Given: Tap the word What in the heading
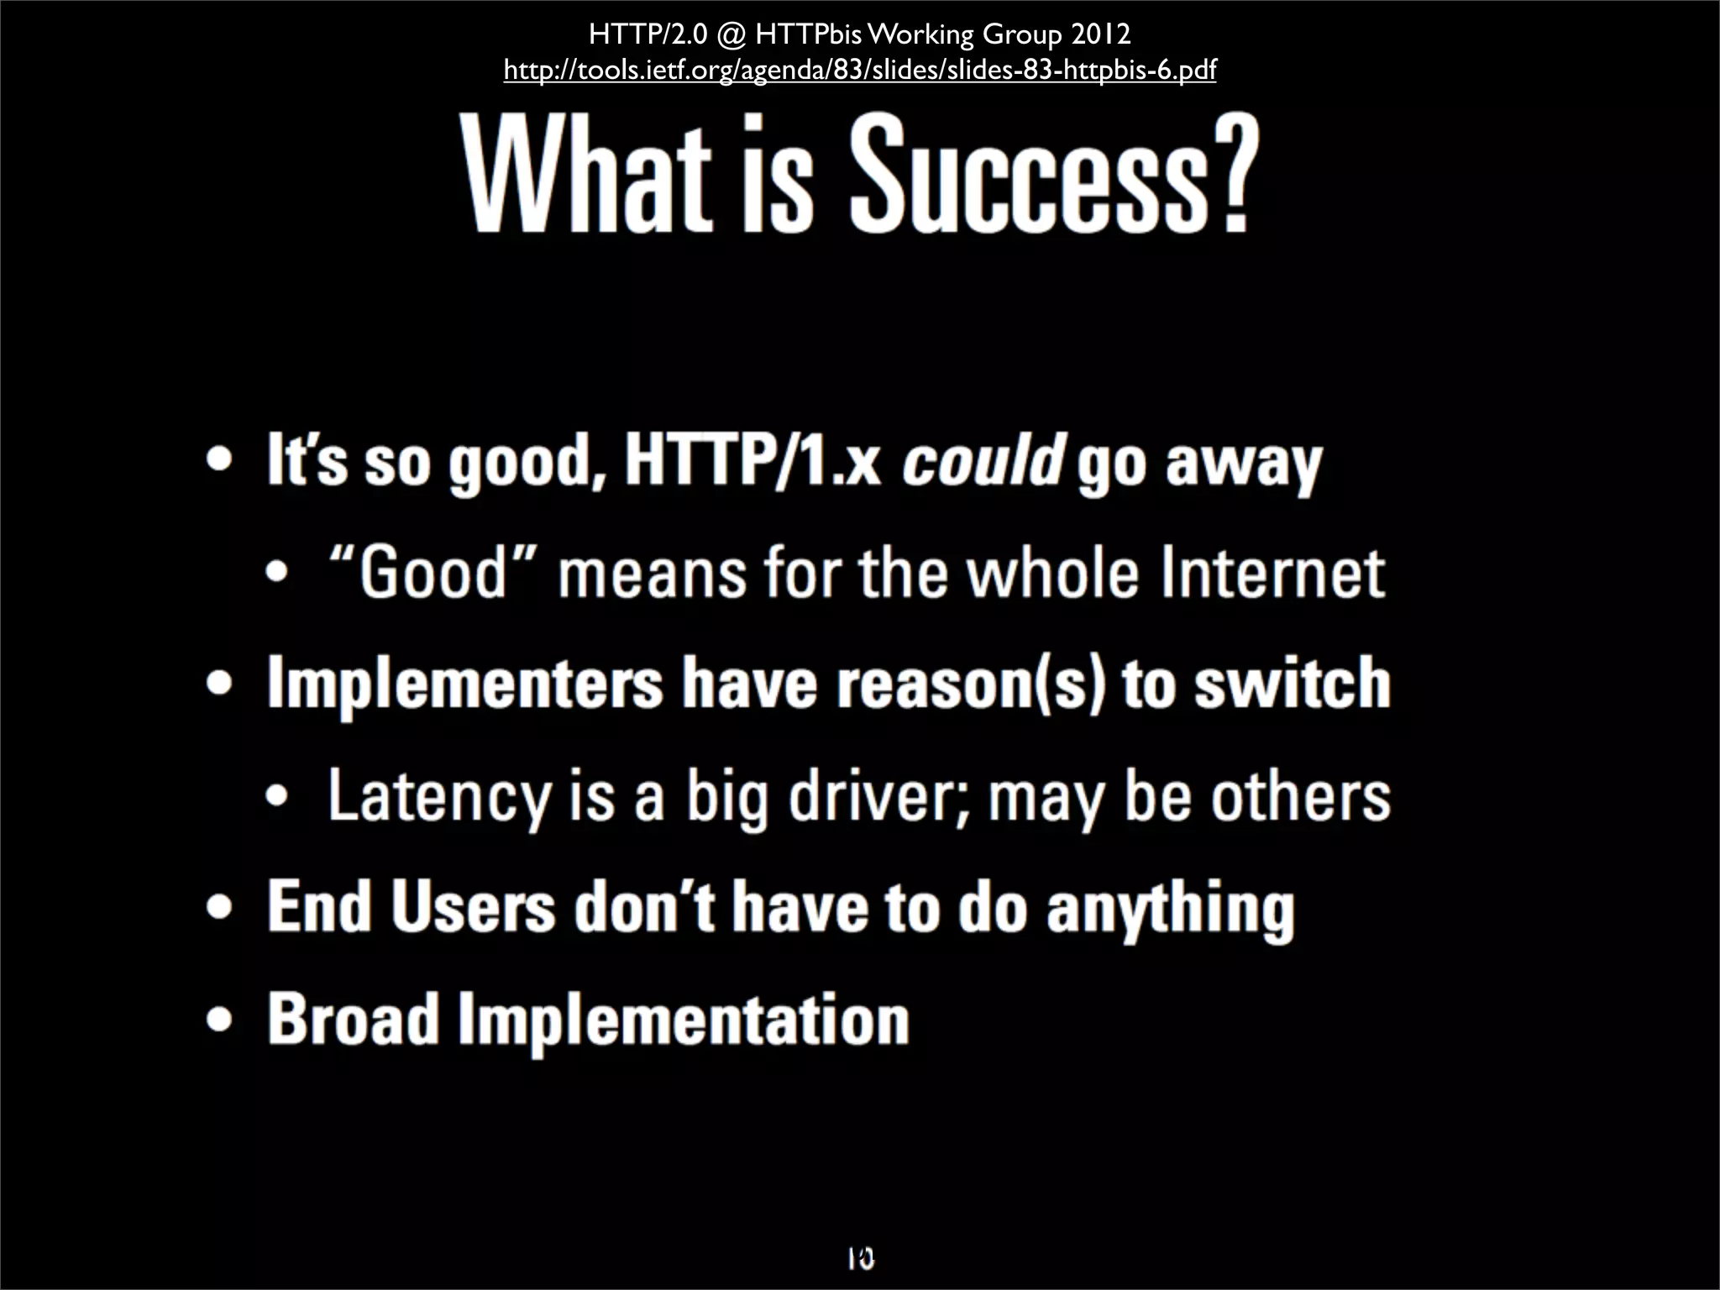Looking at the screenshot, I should [587, 176].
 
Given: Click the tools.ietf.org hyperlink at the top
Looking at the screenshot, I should [859, 70].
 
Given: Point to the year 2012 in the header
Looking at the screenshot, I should [1100, 34].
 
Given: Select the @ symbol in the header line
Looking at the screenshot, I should [732, 35].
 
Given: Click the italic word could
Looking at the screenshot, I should [983, 461].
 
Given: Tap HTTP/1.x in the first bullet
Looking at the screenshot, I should [752, 461].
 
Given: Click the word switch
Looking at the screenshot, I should [1293, 684].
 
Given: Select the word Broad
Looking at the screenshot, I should [354, 1020].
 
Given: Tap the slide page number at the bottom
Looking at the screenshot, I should [860, 1257].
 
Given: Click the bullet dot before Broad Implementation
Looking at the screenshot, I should [219, 1020].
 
